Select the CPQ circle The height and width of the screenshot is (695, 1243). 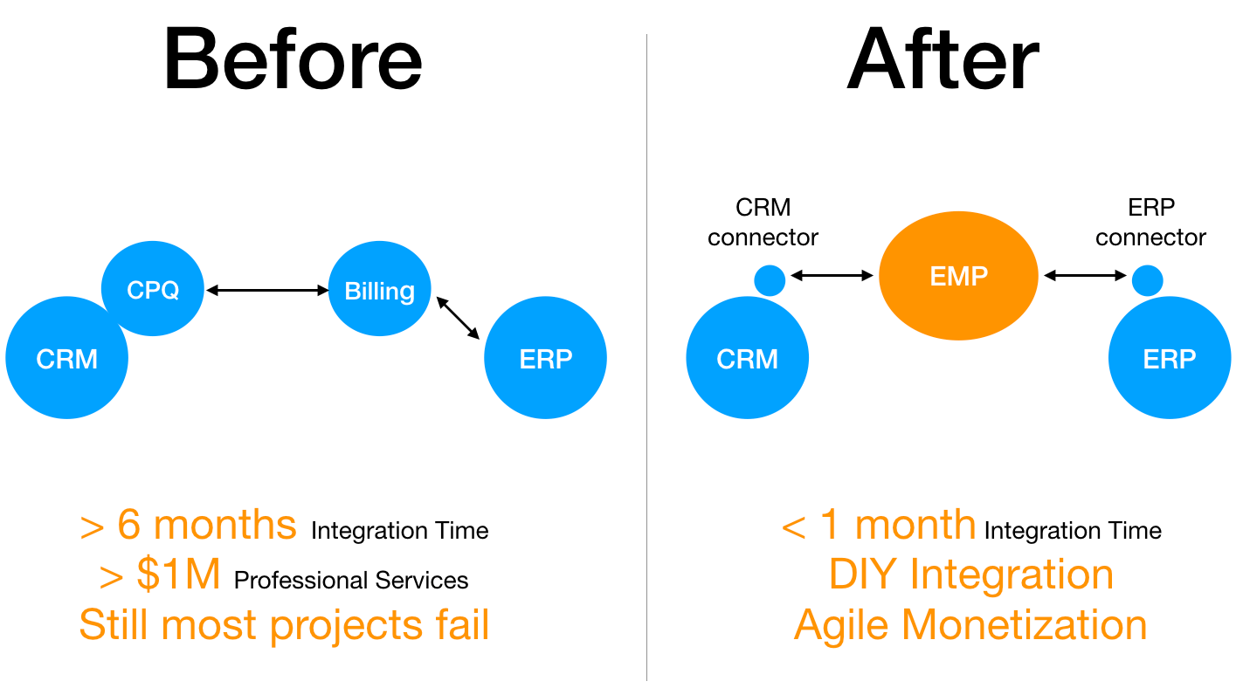[153, 289]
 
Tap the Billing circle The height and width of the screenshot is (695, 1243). [379, 290]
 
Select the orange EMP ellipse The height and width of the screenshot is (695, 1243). [958, 276]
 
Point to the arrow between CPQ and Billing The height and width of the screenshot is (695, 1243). [266, 290]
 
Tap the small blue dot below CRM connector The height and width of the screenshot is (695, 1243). [770, 280]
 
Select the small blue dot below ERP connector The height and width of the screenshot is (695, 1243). [1147, 280]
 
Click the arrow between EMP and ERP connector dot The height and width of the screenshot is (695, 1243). [1086, 276]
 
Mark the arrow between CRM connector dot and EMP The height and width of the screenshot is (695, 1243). [832, 276]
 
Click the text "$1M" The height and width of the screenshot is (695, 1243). [178, 575]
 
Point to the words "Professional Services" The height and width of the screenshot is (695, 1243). [351, 581]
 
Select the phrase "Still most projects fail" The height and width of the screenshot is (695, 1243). [284, 625]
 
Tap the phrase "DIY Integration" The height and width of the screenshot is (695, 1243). [970, 575]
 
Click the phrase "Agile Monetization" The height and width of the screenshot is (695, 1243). [970, 625]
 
